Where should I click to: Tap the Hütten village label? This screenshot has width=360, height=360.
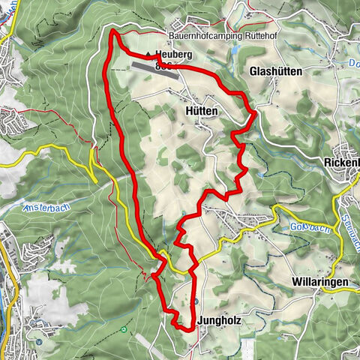(199, 110)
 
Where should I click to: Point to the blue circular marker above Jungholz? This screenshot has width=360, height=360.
(194, 301)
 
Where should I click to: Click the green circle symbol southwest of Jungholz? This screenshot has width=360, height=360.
(124, 329)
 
